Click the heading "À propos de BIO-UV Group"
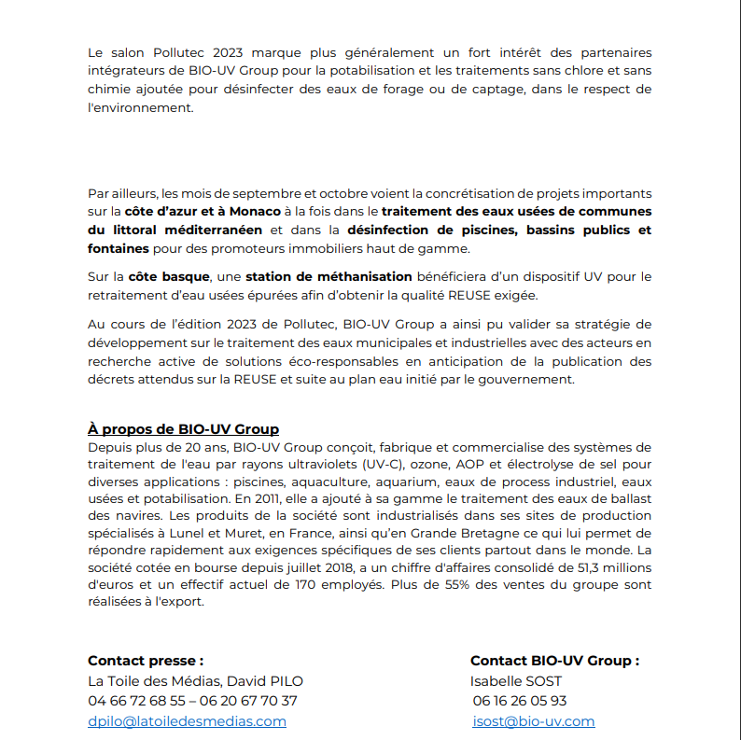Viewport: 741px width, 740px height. [x=183, y=429]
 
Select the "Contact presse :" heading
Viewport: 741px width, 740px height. [x=146, y=661]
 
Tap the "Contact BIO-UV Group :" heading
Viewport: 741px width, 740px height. [x=554, y=661]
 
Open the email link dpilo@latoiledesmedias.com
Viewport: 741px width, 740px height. [x=187, y=721]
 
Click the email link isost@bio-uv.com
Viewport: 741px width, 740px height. [x=534, y=721]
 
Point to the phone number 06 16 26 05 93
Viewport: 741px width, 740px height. [x=520, y=701]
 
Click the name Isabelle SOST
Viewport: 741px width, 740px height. [x=516, y=681]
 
